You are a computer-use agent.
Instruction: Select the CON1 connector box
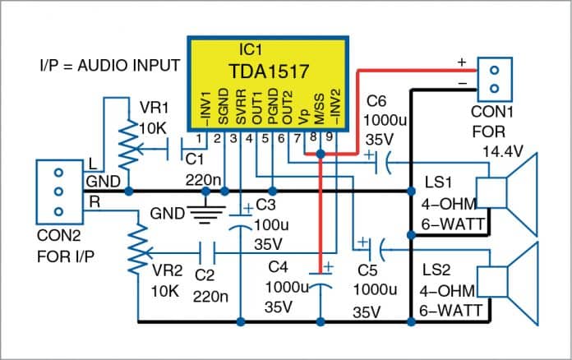click(493, 77)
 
